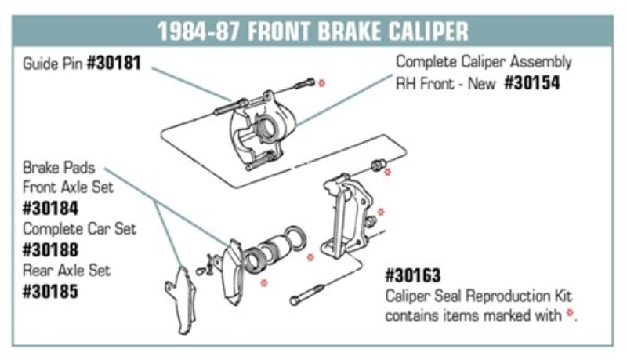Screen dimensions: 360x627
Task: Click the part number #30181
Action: [113, 63]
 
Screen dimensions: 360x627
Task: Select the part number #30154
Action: [532, 82]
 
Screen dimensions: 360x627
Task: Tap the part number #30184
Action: [51, 209]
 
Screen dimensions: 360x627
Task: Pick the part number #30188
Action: [51, 251]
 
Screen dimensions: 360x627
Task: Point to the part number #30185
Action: [51, 292]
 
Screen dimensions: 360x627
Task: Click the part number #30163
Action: [413, 276]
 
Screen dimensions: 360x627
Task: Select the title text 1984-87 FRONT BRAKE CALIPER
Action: [313, 31]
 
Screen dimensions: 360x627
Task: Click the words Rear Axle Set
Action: [67, 271]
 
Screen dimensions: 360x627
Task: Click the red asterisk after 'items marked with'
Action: [570, 315]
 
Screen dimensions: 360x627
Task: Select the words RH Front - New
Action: [446, 83]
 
